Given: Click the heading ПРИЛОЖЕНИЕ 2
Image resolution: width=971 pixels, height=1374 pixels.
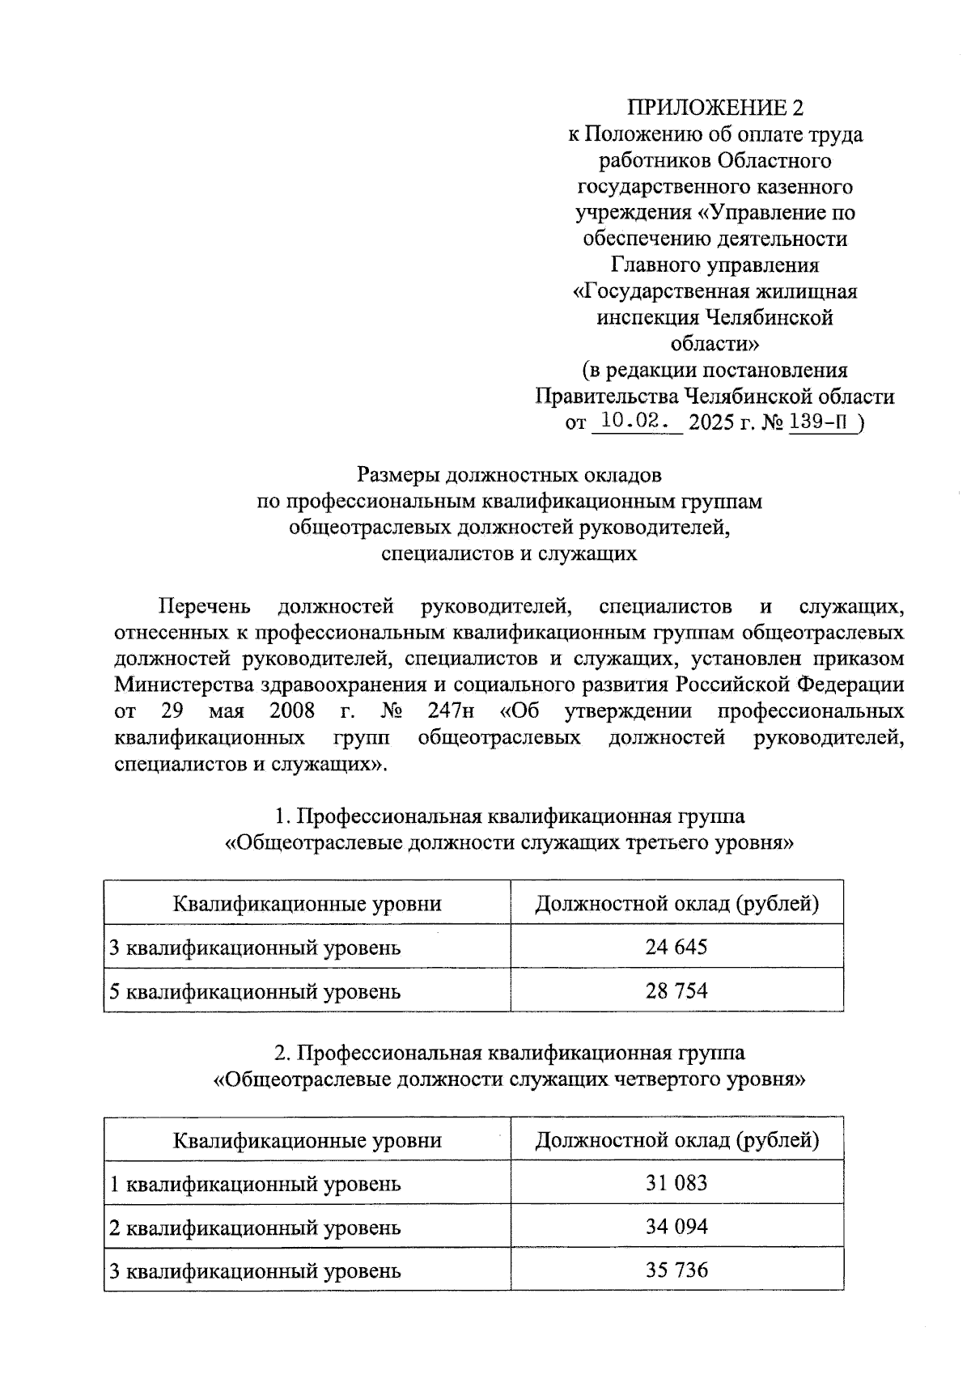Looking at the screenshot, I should [x=718, y=108].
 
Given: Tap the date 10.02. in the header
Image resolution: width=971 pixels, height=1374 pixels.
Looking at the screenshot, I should [x=637, y=422].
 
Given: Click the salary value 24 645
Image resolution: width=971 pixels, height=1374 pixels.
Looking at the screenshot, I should [x=676, y=946].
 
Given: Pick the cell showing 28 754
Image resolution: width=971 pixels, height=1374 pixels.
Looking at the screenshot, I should [x=676, y=990].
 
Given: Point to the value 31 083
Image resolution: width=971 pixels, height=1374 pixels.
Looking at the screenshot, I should [x=676, y=1183].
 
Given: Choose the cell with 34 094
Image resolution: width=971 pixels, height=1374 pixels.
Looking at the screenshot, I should [x=676, y=1227].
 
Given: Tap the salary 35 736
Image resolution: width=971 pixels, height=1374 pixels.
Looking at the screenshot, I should [x=676, y=1270].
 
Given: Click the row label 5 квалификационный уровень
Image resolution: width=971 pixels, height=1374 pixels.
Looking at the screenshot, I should [x=255, y=990].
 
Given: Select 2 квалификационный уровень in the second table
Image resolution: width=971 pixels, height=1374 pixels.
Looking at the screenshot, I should [x=255, y=1228].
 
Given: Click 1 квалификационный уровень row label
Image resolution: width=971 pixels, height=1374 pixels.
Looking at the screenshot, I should [x=255, y=1184].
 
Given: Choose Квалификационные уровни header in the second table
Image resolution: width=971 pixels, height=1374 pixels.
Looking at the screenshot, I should [x=307, y=1140].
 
